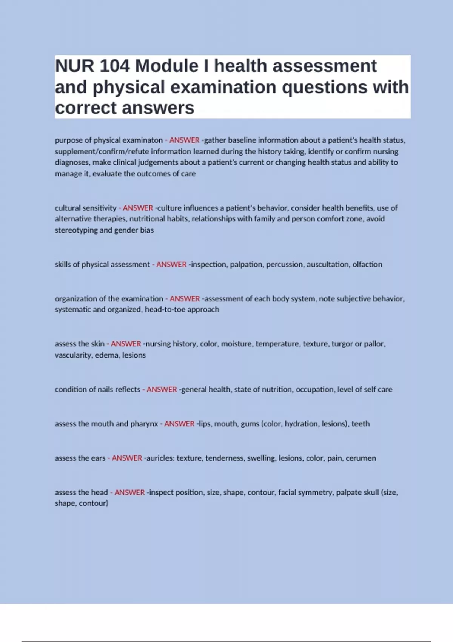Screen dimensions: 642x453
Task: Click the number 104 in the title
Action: point(115,66)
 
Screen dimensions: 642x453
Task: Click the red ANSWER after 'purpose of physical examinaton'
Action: point(184,140)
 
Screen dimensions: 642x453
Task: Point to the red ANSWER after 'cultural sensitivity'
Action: point(138,208)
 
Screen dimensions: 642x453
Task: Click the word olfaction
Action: point(367,264)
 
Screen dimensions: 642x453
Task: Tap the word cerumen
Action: point(361,458)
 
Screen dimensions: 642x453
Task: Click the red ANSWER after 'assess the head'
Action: point(129,492)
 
